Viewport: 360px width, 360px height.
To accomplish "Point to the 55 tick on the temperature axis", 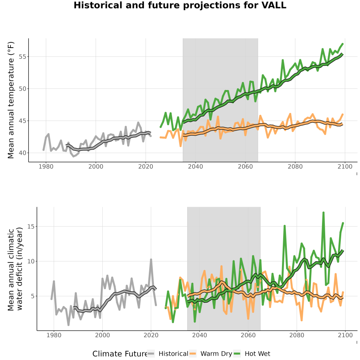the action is (x=22, y=57).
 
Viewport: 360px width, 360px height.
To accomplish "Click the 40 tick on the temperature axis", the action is (x=22, y=153).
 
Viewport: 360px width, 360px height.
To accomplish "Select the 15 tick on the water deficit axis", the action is (x=30, y=226).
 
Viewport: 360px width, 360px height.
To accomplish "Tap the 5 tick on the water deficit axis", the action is (x=32, y=296).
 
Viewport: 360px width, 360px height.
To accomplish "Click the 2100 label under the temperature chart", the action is (x=345, y=166).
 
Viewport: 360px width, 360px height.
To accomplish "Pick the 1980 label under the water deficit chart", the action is (x=54, y=335).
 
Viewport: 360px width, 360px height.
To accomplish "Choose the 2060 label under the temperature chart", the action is (x=245, y=166).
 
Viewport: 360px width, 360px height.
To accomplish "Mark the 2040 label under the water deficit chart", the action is (x=200, y=335).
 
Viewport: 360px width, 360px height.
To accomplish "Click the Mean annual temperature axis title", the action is (x=11, y=100).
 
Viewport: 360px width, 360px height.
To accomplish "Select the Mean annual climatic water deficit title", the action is (x=15, y=269).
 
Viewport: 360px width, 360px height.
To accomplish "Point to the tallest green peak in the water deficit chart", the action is (x=323, y=213).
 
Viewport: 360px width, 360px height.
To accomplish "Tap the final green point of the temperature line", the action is (x=342, y=44).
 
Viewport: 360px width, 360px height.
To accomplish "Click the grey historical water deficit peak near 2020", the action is (x=151, y=260).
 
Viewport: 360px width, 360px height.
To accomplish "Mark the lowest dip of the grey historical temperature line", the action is (x=74, y=156).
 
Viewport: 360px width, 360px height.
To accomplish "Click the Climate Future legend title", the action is (x=120, y=354).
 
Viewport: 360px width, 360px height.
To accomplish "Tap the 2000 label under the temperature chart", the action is (x=96, y=166).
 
